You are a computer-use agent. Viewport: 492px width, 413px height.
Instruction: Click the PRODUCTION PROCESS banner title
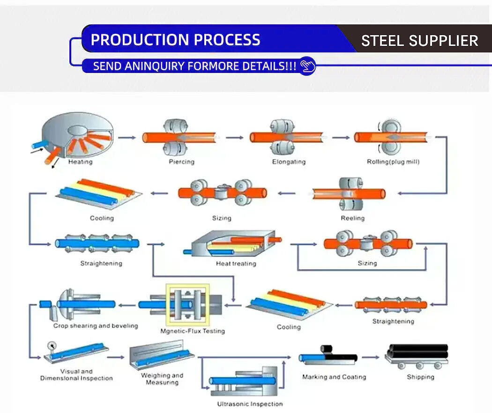[x=175, y=40]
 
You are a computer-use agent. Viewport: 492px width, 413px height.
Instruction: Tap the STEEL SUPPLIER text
[x=419, y=41]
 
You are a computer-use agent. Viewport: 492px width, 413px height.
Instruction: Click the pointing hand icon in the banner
[x=307, y=66]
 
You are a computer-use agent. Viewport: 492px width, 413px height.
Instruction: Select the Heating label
[x=80, y=162]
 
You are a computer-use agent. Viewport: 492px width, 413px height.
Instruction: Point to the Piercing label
[x=181, y=162]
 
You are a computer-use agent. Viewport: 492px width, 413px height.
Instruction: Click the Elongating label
[x=289, y=162]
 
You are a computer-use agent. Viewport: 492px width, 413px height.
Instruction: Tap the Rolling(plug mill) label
[x=393, y=162]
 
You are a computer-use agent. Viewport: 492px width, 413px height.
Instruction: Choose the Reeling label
[x=352, y=218]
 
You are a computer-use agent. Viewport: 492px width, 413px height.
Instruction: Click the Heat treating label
[x=236, y=264]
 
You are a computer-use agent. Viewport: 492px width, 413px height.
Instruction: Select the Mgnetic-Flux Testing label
[x=193, y=331]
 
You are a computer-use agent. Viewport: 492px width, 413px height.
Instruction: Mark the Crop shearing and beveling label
[x=96, y=326]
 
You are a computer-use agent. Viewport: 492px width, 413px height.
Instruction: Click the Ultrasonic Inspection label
[x=250, y=404]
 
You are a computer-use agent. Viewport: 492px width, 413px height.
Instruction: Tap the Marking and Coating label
[x=334, y=377]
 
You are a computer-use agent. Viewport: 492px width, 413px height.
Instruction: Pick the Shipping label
[x=420, y=377]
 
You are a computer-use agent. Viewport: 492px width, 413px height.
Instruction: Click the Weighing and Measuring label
[x=162, y=379]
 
